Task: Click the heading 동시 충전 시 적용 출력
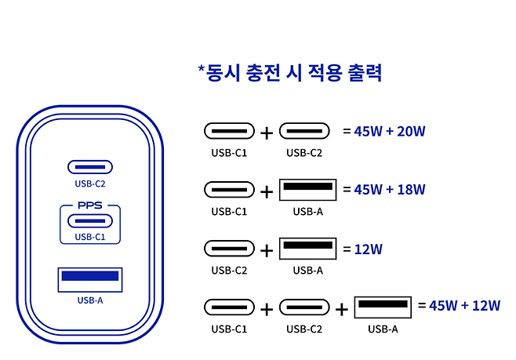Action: pos(289,74)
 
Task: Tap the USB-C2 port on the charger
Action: pos(90,167)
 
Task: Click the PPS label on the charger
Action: pos(90,206)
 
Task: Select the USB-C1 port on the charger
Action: pos(90,221)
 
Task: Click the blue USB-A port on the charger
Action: pos(90,277)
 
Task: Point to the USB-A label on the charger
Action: pos(90,300)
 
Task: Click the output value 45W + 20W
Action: pos(390,130)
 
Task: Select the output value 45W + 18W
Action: pos(390,189)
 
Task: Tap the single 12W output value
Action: pos(368,249)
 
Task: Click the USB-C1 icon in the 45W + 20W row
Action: pos(229,131)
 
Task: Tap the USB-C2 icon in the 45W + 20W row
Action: pos(304,131)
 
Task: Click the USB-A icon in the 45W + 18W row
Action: pos(307,191)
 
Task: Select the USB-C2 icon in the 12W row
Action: pos(229,249)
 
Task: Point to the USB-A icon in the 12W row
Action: pos(307,249)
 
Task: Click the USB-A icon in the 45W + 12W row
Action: pos(383,306)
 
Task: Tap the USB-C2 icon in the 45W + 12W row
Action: pos(304,307)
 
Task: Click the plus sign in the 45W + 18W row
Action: pos(267,191)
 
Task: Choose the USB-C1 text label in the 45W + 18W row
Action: pos(229,211)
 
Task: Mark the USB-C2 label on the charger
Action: pos(90,184)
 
